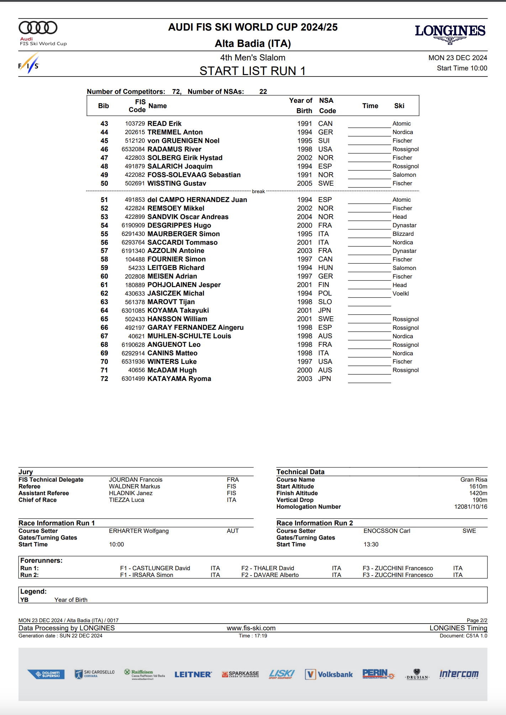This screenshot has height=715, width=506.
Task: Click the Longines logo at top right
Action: [x=450, y=33]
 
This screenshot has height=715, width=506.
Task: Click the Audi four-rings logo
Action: [x=38, y=28]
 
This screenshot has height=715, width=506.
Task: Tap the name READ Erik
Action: [x=164, y=124]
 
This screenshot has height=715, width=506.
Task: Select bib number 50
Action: [x=104, y=184]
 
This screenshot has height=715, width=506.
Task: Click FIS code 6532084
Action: [x=133, y=149]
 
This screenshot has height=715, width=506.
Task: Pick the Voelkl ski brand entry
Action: [x=400, y=293]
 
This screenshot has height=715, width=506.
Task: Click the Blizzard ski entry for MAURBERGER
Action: [x=403, y=234]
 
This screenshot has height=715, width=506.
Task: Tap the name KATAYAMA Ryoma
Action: [x=179, y=379]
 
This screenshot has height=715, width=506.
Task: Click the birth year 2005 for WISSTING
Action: [x=305, y=184]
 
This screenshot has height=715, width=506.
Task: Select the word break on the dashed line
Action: [x=258, y=191]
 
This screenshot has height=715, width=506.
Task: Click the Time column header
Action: [x=370, y=106]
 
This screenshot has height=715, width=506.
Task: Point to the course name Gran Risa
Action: [x=474, y=480]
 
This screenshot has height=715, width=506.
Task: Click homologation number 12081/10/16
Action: [x=470, y=507]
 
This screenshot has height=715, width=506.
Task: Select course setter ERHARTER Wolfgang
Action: [x=139, y=531]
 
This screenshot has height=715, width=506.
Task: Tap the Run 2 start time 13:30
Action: [x=371, y=545]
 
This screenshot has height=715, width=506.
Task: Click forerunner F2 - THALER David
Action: [x=268, y=568]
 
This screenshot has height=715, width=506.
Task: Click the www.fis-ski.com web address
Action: [x=251, y=628]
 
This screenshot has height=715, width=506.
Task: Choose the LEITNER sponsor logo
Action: [x=193, y=674]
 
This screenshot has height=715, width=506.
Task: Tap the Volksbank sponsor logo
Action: [x=329, y=674]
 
